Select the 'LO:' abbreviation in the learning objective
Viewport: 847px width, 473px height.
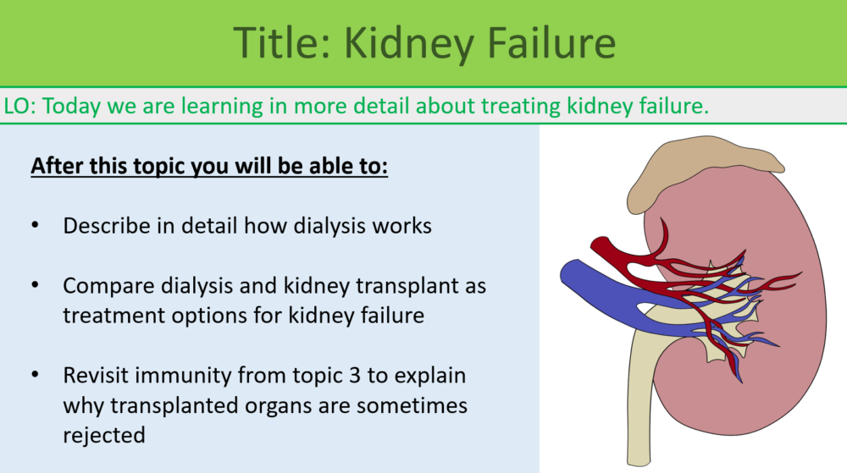coord(19,107)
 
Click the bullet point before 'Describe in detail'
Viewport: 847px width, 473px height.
coord(35,226)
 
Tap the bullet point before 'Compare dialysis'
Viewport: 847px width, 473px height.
coord(35,286)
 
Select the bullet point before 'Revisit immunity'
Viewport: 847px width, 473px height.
coord(35,376)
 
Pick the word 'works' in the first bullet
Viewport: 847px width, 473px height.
coord(404,226)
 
